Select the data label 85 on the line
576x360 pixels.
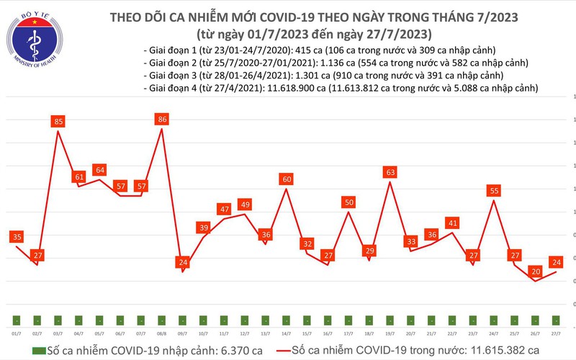[x=58, y=122]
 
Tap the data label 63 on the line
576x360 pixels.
[x=390, y=172]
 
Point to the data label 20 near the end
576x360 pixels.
[x=534, y=271]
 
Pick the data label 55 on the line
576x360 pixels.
[x=494, y=191]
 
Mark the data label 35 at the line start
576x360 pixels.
[x=17, y=236]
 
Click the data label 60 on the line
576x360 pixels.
[x=286, y=179]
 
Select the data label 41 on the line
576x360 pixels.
[x=452, y=223]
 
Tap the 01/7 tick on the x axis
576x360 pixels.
[x=16, y=333]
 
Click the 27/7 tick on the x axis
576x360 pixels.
[x=556, y=333]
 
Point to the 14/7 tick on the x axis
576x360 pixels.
[x=286, y=333]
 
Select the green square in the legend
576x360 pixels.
[x=27, y=350]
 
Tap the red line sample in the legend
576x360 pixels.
[x=276, y=350]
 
